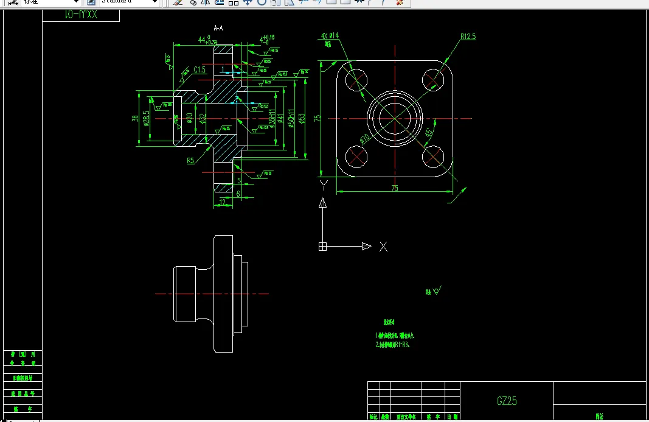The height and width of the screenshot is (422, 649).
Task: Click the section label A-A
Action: pyautogui.click(x=218, y=28)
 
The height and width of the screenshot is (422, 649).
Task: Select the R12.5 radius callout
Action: pyautogui.click(x=468, y=37)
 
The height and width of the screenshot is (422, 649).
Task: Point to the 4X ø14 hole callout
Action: pyautogui.click(x=330, y=36)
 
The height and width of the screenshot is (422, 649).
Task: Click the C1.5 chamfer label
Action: pyautogui.click(x=200, y=71)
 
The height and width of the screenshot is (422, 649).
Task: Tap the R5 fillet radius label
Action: pyautogui.click(x=190, y=161)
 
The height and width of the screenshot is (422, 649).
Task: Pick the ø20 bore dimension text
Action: pyautogui.click(x=189, y=118)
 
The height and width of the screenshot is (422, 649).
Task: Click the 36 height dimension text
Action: pyautogui.click(x=135, y=118)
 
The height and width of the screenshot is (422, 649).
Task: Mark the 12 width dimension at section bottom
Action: pyautogui.click(x=223, y=202)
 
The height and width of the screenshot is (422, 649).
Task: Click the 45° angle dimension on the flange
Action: pyautogui.click(x=429, y=132)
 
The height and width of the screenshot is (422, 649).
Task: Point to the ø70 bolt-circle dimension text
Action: pyautogui.click(x=365, y=138)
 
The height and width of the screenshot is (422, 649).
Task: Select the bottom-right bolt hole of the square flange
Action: pyautogui.click(x=433, y=156)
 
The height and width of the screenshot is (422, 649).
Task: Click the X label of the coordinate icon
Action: pyautogui.click(x=383, y=247)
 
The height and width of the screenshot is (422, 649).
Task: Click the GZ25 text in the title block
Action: pyautogui.click(x=507, y=401)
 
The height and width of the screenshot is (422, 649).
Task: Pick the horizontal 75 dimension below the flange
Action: pyautogui.click(x=395, y=188)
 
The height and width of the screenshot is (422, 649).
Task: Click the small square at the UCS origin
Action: pyautogui.click(x=323, y=247)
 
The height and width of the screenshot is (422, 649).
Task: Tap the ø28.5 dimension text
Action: pyautogui.click(x=147, y=118)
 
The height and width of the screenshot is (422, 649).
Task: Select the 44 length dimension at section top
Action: pyautogui.click(x=202, y=40)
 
